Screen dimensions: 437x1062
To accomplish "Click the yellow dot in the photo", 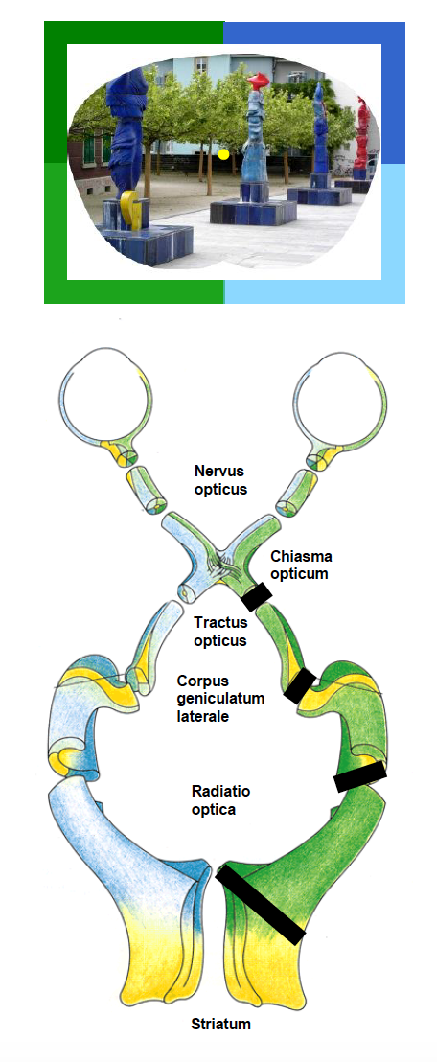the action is point(223,154).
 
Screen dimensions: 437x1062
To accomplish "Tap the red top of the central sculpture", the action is point(258,82).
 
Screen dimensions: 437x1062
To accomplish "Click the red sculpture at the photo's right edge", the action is point(362,141).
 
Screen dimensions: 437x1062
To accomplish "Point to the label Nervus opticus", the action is point(219,479).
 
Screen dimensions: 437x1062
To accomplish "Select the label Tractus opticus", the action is point(219,631).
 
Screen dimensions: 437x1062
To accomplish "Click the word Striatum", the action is point(220,1024).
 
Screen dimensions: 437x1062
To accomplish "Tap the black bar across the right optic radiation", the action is point(360,775).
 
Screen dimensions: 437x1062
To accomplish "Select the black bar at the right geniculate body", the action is point(299,685).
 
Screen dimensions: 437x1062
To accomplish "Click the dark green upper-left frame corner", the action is point(56,34).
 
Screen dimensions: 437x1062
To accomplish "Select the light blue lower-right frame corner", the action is point(393,291).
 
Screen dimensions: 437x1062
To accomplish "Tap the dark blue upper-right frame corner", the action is point(393,34).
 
